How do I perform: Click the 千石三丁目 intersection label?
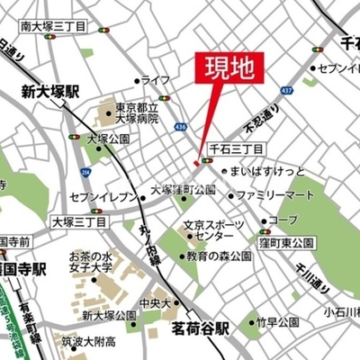click(236, 148)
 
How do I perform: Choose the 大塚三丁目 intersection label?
click(77, 220)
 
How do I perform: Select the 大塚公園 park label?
click(109, 139)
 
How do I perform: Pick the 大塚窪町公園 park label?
click(184, 190)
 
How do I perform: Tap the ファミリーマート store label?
click(282, 194)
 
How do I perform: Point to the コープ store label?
click(283, 220)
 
